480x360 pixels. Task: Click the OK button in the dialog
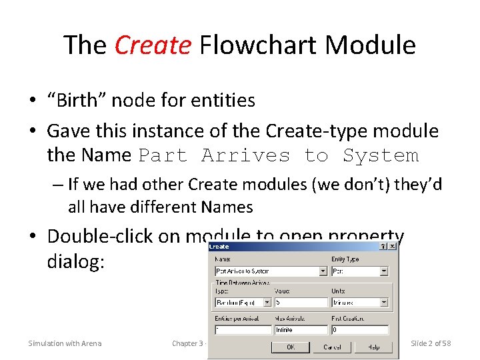(291, 347)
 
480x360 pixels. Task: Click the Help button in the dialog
(374, 347)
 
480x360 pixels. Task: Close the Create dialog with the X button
(393, 246)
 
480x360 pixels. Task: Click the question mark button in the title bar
(383, 246)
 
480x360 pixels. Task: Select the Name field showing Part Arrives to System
(267, 271)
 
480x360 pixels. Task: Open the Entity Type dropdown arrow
(384, 271)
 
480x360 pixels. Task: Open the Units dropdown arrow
(384, 302)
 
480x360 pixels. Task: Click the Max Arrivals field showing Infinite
(301, 330)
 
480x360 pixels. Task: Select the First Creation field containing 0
(359, 330)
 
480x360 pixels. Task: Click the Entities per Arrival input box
(242, 330)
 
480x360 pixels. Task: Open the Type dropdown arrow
(267, 302)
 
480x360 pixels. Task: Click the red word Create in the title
(153, 45)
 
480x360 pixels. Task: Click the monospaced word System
(381, 155)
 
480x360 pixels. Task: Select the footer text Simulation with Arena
(65, 343)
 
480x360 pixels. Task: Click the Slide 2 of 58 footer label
(431, 343)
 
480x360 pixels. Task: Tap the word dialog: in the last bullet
(76, 261)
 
